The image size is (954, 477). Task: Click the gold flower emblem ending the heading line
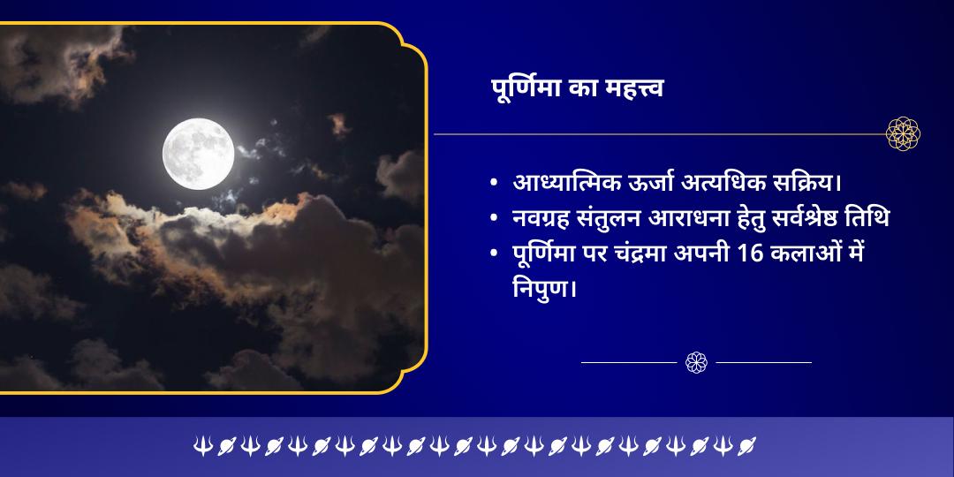click(x=903, y=134)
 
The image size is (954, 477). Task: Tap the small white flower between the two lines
click(x=697, y=362)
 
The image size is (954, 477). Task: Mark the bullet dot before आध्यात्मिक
click(x=494, y=185)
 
